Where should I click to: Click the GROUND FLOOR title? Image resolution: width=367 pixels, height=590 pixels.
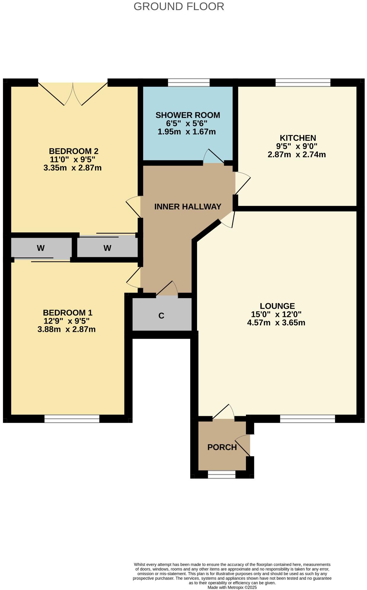point(179,6)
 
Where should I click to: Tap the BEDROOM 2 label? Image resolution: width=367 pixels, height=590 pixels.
point(73,151)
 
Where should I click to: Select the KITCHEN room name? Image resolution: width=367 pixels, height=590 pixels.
point(298,138)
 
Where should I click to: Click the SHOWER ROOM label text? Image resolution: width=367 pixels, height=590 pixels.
point(188,115)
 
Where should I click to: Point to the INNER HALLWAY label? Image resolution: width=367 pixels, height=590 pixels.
point(188,207)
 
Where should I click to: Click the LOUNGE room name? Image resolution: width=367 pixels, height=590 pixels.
point(277,306)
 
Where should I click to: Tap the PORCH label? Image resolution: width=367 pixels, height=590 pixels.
point(222,447)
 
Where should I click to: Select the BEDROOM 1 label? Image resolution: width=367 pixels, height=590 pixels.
point(67,313)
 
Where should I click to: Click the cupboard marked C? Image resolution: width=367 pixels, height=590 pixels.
point(161,316)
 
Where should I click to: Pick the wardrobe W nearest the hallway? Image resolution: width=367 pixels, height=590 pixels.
point(107,248)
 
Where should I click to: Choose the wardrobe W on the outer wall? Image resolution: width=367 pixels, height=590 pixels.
point(41,248)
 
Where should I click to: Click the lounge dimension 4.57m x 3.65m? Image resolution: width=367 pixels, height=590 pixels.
point(276,323)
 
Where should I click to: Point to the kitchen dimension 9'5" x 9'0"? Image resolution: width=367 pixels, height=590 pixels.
point(297,146)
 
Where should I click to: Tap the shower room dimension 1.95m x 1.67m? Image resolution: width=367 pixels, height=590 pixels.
point(186,132)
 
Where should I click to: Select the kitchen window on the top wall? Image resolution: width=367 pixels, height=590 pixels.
point(303,83)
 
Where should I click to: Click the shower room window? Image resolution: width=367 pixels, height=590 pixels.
point(189,83)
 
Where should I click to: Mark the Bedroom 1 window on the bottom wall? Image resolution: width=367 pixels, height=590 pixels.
point(72,419)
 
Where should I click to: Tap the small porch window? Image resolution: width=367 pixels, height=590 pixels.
point(221,475)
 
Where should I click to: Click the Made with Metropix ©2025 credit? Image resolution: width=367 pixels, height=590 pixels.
point(232,587)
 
